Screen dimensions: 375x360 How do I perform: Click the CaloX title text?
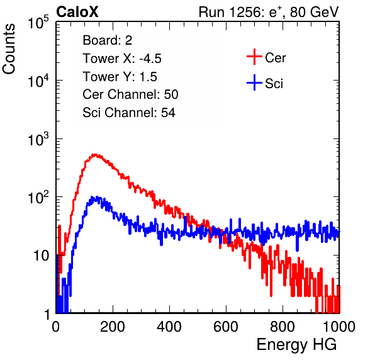pyautogui.click(x=77, y=12)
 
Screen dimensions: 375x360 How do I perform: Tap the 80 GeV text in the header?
pyautogui.click(x=314, y=12)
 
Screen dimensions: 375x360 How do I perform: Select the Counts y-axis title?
pyautogui.click(x=9, y=49)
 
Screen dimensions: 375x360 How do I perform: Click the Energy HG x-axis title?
pyautogui.click(x=296, y=345)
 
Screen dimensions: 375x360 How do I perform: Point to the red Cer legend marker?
pyautogui.click(x=254, y=57)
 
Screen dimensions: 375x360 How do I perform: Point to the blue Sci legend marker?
pyautogui.click(x=254, y=82)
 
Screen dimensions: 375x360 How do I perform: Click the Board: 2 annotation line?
pyautogui.click(x=108, y=40)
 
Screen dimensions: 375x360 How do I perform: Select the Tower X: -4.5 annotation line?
pyautogui.click(x=122, y=59)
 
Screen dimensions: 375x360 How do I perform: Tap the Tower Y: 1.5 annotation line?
pyautogui.click(x=120, y=77)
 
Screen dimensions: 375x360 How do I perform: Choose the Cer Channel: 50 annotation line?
pyautogui.click(x=130, y=94)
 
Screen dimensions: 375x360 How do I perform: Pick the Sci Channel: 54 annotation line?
pyautogui.click(x=129, y=113)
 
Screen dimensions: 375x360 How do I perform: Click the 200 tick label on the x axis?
pyautogui.click(x=113, y=327)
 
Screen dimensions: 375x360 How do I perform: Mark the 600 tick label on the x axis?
pyautogui.click(x=226, y=327)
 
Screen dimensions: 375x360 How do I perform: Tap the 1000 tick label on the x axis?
pyautogui.click(x=339, y=327)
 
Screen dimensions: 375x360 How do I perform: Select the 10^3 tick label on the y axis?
pyautogui.click(x=38, y=139)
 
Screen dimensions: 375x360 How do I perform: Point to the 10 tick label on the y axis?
pyautogui.click(x=41, y=256)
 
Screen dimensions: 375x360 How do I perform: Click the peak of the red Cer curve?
pyautogui.click(x=95, y=155)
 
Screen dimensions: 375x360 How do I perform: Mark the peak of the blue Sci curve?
pyautogui.click(x=97, y=197)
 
